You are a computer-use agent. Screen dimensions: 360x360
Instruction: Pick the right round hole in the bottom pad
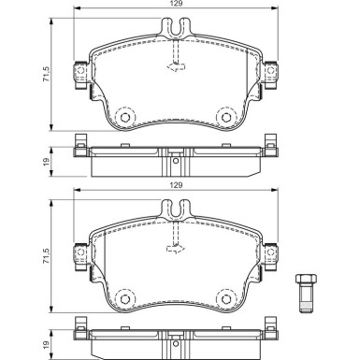(x=225, y=298)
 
